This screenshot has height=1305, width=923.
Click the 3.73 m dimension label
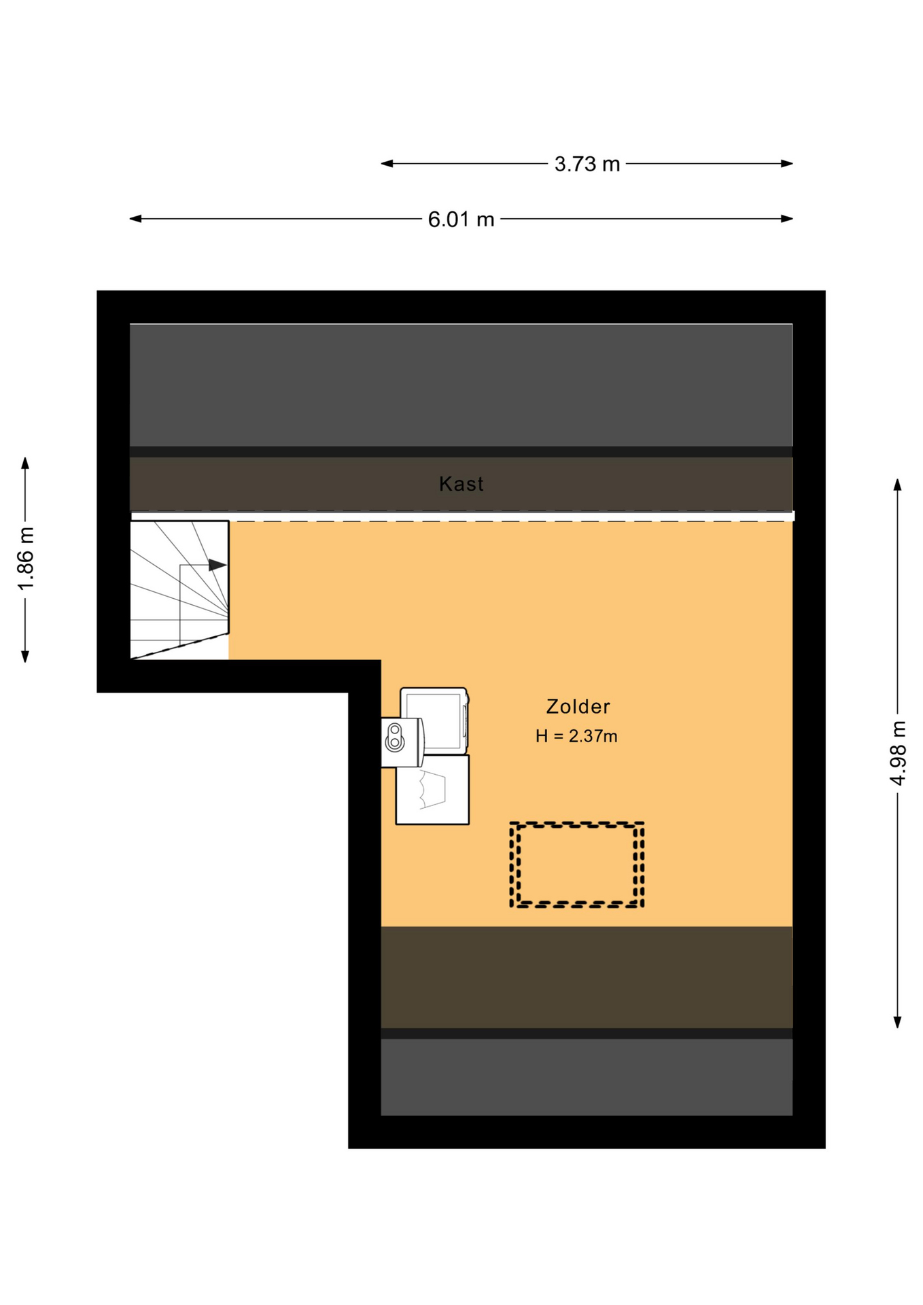click(587, 164)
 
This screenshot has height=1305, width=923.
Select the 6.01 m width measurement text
click(461, 220)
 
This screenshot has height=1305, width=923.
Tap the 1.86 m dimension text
click(25, 559)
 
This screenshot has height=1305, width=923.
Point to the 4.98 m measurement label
click(898, 753)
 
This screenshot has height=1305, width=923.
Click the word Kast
click(461, 484)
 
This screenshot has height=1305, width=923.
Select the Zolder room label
click(578, 707)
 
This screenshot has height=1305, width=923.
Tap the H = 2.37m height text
click(576, 736)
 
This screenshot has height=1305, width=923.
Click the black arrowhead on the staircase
click(217, 565)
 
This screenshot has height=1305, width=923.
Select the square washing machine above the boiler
click(434, 720)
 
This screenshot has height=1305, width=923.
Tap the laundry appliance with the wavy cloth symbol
click(432, 789)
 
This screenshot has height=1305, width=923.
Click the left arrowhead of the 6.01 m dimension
click(135, 219)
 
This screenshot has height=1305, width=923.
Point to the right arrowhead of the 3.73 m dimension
click(787, 163)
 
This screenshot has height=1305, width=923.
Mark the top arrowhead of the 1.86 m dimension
click(25, 463)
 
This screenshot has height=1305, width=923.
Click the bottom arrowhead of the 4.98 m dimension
click(898, 1022)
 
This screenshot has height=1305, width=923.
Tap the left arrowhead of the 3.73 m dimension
click(387, 163)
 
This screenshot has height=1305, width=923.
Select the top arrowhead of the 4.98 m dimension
click(898, 485)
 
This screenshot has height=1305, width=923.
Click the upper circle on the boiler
click(394, 731)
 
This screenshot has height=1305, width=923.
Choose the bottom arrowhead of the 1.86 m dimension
click(25, 656)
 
